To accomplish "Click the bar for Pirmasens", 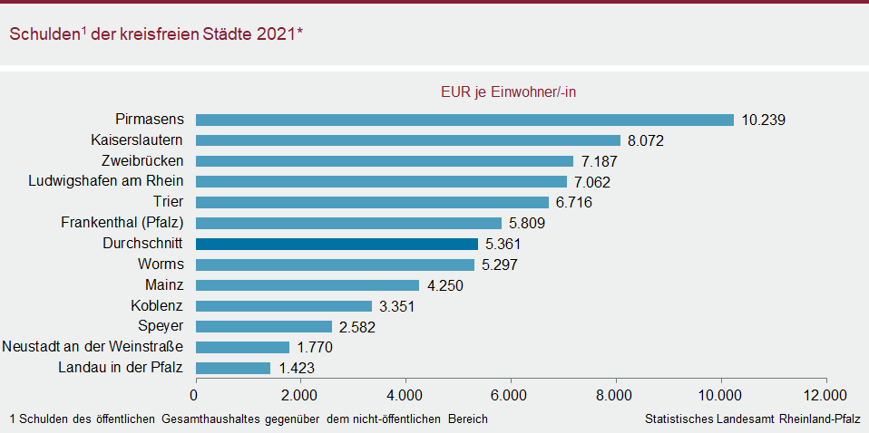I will (464, 120).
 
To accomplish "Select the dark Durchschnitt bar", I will (337, 244).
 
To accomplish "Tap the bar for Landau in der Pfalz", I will (233, 368).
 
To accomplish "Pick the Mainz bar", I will (308, 285).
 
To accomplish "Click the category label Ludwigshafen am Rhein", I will (107, 181).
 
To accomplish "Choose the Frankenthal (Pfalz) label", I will (122, 223).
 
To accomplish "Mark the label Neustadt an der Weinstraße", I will (93, 347).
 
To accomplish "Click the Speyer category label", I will (161, 326).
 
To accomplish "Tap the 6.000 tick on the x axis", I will (511, 395).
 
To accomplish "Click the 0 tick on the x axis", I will (195, 395).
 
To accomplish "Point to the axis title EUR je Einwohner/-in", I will (509, 92).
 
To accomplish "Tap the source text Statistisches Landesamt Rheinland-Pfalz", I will (753, 419).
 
